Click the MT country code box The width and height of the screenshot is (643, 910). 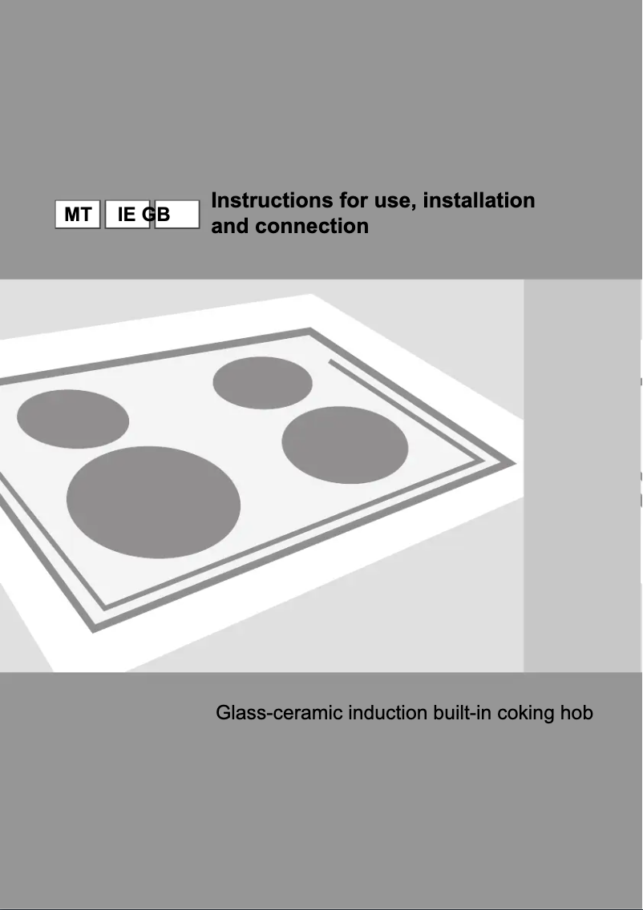pos(78,215)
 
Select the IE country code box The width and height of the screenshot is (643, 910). pos(126,215)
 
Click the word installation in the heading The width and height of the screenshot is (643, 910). pos(479,199)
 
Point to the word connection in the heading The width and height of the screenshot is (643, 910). pos(312,226)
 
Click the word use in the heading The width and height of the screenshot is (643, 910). pos(393,200)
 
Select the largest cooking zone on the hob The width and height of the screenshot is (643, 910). pos(153,501)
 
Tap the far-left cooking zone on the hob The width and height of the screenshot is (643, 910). pos(73,419)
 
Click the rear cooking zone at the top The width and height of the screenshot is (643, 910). pos(262,382)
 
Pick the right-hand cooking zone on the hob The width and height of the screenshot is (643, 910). pos(345,445)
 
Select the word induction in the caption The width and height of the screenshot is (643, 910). pos(388,712)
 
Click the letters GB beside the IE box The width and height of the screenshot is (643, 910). pos(158,215)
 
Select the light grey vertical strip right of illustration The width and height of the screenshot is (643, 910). pos(582,476)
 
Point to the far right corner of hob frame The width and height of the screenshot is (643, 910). pos(513,463)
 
